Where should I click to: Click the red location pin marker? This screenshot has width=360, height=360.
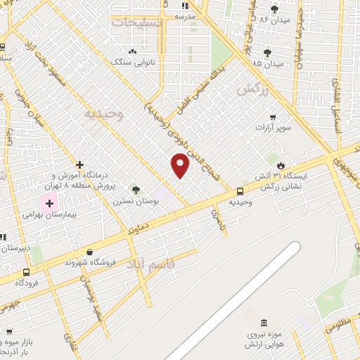click(181, 165)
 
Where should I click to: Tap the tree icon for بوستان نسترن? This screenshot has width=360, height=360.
click(136, 189)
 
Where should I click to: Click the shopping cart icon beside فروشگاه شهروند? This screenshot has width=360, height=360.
click(89, 251)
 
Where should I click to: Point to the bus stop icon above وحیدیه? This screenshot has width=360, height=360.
click(240, 191)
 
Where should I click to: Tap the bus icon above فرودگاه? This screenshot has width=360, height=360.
click(26, 272)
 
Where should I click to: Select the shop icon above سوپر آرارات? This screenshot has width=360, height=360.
click(272, 117)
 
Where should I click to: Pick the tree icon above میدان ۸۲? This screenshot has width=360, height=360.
click(274, 9)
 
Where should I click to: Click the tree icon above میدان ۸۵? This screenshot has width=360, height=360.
click(267, 53)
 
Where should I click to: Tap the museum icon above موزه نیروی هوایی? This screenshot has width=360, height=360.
click(263, 323)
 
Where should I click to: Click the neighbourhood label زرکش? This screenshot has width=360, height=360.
click(252, 89)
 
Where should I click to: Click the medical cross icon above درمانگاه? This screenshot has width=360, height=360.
click(80, 164)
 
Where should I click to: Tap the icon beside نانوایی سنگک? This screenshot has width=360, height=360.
click(133, 52)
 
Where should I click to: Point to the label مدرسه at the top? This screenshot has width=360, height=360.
click(205, 15)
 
